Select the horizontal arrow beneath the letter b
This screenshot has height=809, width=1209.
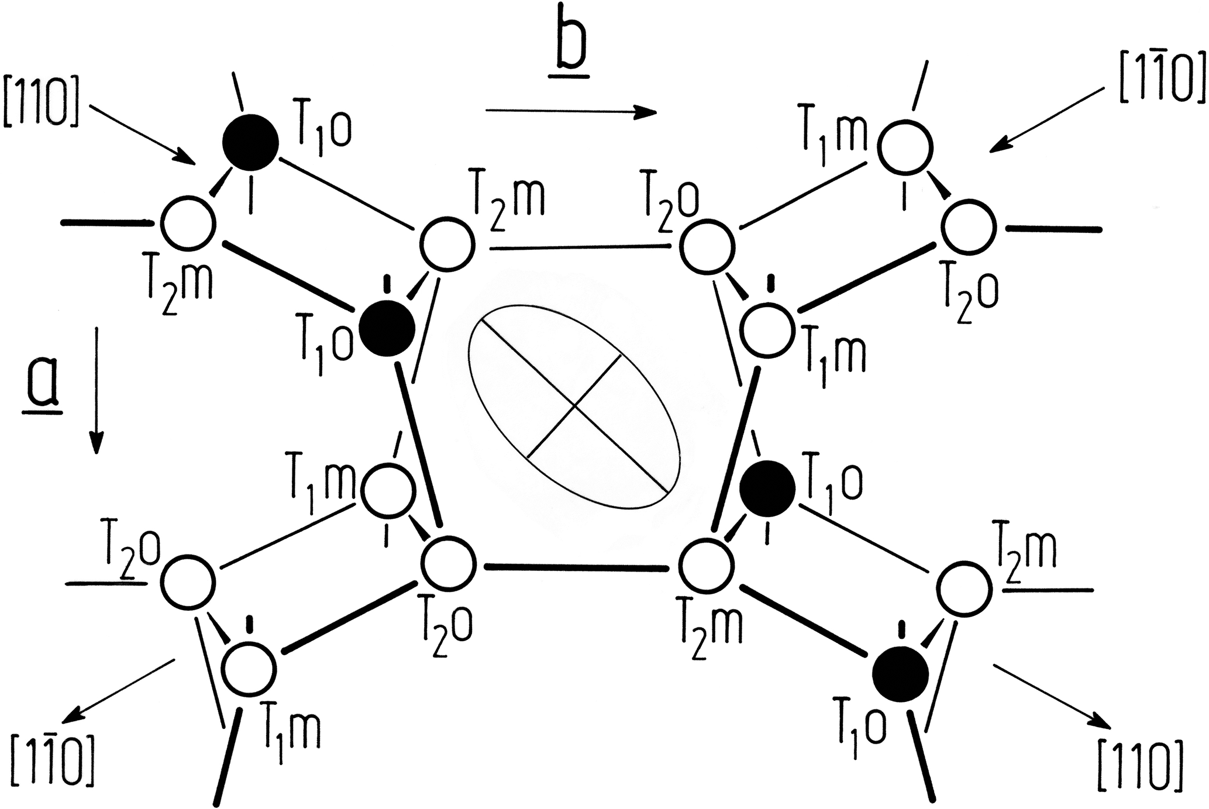(571, 112)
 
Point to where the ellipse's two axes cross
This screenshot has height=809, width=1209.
(574, 404)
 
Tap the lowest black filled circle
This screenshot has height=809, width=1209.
(900, 674)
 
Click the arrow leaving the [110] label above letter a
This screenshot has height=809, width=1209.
(143, 135)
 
